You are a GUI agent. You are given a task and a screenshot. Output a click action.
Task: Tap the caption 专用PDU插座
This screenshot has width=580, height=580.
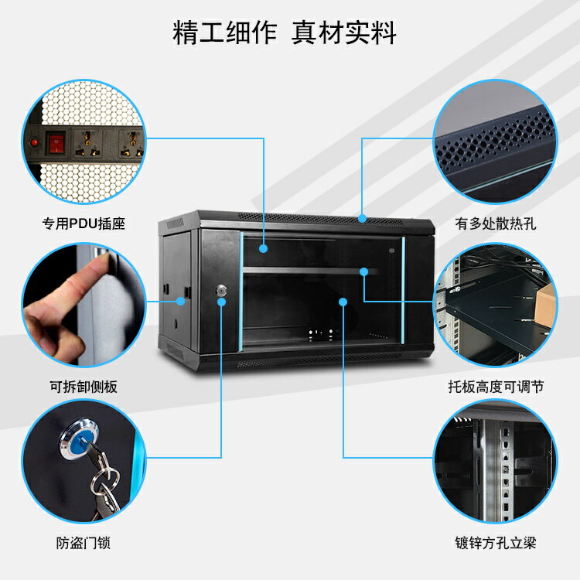[84, 224]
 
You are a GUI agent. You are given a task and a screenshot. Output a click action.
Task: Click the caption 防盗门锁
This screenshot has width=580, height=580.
[84, 544]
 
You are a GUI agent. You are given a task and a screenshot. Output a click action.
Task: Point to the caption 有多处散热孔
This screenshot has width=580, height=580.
[496, 224]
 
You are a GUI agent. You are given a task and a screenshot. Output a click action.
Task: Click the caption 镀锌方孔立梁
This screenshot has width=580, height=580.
[496, 544]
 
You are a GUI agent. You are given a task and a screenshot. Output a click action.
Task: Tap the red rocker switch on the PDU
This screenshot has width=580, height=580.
[56, 143]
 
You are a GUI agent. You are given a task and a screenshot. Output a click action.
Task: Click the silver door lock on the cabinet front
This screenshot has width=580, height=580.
[220, 291]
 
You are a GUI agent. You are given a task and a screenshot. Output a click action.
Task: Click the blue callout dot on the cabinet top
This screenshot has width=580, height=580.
[362, 219]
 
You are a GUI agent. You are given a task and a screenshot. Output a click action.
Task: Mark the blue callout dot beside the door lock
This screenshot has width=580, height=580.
[221, 302]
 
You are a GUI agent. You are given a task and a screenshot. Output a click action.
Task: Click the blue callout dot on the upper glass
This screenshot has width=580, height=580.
[264, 249]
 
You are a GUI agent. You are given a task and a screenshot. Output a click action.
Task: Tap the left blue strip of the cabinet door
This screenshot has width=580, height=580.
[241, 290]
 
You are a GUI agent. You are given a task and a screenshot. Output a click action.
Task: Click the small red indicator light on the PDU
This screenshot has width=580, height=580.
[34, 142]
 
